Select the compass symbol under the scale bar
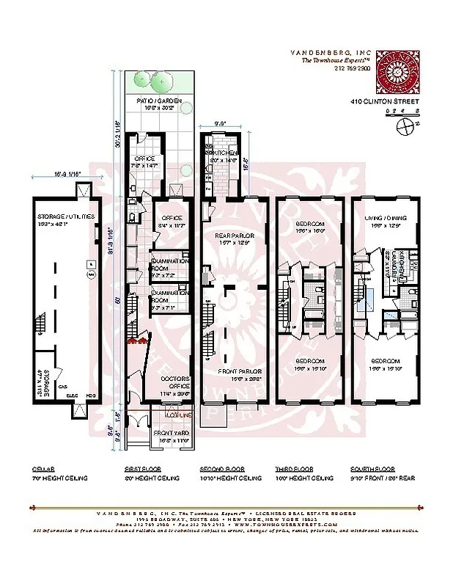click(403, 125)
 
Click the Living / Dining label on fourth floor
click(385, 217)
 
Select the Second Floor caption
click(221, 468)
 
